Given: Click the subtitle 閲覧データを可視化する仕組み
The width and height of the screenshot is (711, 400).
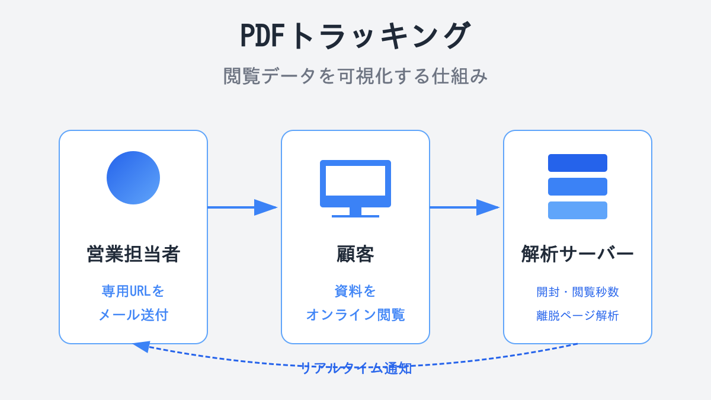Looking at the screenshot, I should [355, 76].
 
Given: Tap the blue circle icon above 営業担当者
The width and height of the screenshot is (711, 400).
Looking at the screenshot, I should [133, 178].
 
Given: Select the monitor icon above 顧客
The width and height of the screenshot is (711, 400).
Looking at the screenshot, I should [355, 185].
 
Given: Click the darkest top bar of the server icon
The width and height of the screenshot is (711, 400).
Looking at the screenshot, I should [578, 163].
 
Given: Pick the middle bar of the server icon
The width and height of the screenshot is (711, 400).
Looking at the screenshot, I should [578, 187].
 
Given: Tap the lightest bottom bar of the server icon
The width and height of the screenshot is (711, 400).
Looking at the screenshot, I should [578, 210].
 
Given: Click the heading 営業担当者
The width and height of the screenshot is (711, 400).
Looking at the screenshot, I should [133, 254].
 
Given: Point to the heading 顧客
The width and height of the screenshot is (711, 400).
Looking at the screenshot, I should [355, 254].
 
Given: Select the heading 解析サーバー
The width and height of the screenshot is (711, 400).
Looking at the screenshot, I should [578, 254].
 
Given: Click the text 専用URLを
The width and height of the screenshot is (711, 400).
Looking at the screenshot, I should [133, 291].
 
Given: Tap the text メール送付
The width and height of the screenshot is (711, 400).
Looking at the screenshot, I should [133, 315].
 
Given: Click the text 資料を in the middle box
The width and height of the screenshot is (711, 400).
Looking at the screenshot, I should [355, 291].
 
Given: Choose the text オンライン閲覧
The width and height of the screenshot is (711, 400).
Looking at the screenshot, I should [355, 315].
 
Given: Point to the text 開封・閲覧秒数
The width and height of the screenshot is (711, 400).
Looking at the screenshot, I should [578, 292].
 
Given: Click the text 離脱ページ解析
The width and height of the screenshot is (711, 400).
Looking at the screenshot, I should [578, 315].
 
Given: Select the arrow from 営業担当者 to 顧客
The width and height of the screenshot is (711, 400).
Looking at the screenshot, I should [242, 207].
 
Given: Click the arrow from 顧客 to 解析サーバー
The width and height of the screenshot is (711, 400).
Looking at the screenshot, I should [464, 207].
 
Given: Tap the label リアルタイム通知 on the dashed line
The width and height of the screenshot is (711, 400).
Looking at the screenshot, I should [355, 368].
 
